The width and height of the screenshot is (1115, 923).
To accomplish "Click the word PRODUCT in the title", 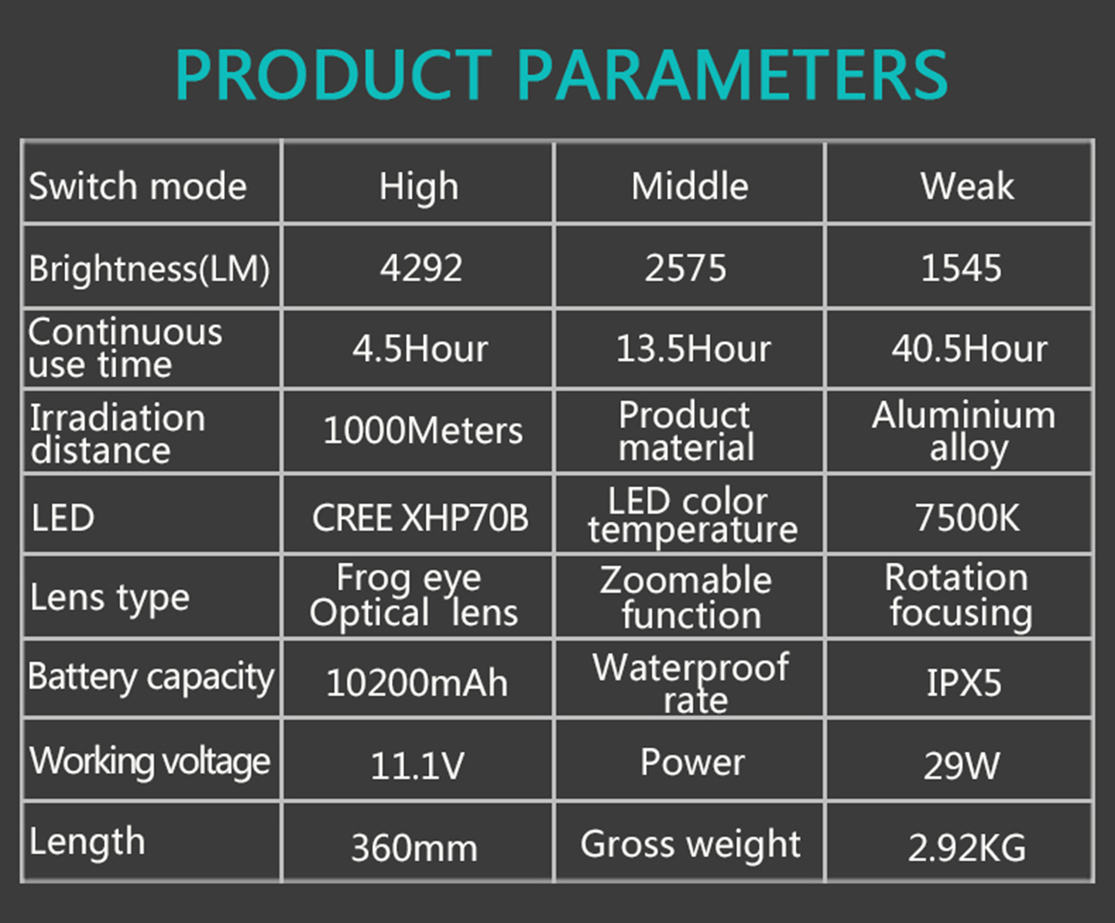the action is pos(334,75).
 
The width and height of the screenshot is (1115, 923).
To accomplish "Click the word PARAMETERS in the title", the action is pos(732,75).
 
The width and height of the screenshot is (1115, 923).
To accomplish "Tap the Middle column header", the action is pos(690,186).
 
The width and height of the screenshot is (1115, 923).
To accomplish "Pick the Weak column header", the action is pos(967,186).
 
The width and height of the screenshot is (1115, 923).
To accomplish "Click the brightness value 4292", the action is pos(421,268).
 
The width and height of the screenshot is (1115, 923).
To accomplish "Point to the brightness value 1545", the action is pos(961,268).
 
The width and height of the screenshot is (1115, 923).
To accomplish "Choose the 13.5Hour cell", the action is pos(694,349).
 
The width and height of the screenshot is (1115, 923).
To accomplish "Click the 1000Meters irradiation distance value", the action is pos(423,431).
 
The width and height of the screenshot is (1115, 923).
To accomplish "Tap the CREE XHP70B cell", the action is pos(420,517).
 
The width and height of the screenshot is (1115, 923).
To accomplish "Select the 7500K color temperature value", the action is pos(967,517).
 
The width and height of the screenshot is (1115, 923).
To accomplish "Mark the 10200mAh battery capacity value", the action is pos(417,683).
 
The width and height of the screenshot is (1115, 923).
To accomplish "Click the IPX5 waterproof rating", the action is pos(964,683).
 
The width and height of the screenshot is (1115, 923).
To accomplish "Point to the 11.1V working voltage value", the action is pos(418,765).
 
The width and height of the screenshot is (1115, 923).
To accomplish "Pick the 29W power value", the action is pos(961,765).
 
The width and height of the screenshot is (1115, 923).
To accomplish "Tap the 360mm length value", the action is pos(414,848).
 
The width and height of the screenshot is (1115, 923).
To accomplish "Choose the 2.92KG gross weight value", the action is pos(967,848).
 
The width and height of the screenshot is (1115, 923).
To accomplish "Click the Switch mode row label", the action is pos(138,186).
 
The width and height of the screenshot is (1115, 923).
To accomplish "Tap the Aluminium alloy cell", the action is pos(964,431).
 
